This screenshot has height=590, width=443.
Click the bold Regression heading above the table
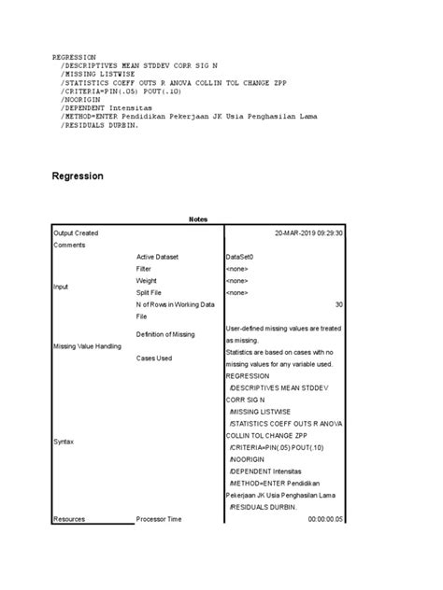[x=78, y=176]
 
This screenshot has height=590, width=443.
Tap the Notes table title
[x=197, y=219]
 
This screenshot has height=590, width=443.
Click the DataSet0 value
[x=241, y=257]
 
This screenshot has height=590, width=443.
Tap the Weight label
[x=147, y=280]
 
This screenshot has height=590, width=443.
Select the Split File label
[x=151, y=292]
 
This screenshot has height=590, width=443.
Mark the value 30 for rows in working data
[x=339, y=304]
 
